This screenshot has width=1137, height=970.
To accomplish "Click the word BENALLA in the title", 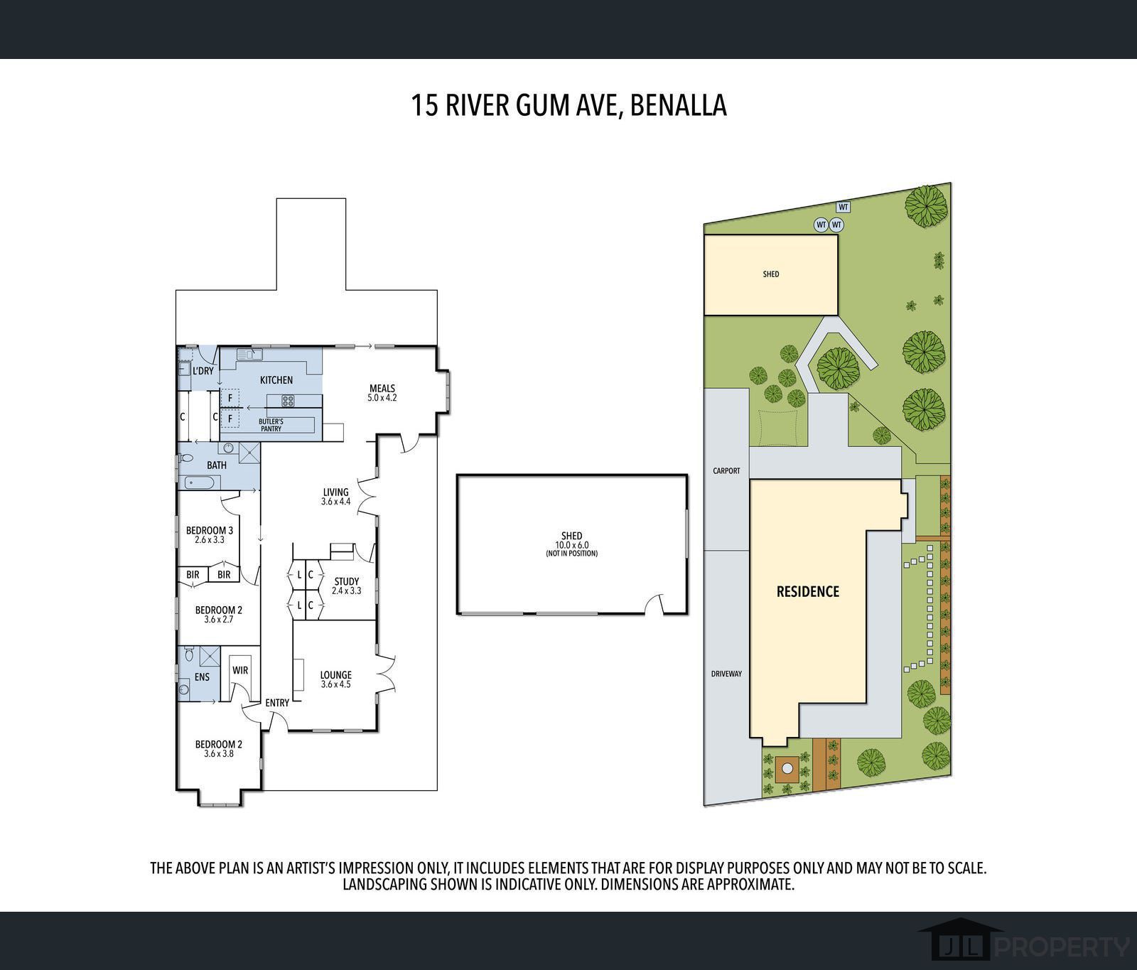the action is [678, 105].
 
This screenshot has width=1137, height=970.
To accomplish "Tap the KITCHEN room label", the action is [276, 380].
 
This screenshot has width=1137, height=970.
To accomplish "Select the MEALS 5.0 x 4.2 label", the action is [382, 393].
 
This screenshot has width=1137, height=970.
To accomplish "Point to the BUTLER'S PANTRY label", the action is [271, 425].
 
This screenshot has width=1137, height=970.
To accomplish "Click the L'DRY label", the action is [203, 371].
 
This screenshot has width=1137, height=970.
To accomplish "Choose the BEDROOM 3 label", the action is [210, 530].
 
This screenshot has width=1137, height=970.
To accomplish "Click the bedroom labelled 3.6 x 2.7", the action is [219, 614].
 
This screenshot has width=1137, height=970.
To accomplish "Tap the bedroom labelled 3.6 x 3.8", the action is [219, 749].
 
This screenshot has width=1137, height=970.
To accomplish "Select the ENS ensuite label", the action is [203, 677].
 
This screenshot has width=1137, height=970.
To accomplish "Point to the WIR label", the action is [240, 670].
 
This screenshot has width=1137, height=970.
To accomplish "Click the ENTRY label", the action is [277, 703].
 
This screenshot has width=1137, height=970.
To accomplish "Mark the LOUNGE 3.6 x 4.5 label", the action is [336, 679].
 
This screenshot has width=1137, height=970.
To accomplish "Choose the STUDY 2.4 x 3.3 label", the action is [347, 586].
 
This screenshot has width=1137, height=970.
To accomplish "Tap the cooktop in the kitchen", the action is [289, 401].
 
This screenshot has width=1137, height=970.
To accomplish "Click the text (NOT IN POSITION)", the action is [571, 553].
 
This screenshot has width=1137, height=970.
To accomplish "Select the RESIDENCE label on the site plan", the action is [808, 591].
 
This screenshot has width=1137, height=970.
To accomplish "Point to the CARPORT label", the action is [726, 470].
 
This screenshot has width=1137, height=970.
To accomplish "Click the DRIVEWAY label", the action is [726, 673].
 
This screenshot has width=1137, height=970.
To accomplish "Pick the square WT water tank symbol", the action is [844, 208].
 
